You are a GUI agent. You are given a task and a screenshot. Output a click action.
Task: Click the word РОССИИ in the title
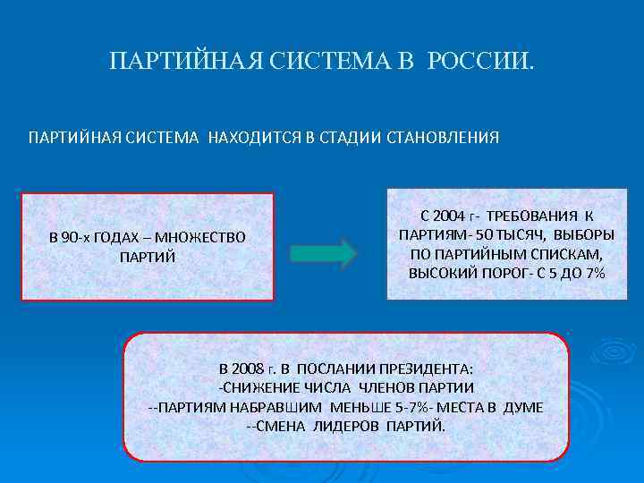(479, 62)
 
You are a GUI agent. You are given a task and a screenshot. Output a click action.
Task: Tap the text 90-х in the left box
(66, 237)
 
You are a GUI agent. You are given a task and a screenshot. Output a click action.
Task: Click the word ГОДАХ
(112, 237)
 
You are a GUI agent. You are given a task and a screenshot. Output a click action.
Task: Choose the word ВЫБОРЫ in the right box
(583, 235)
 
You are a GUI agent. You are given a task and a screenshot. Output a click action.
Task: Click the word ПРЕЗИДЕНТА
(429, 369)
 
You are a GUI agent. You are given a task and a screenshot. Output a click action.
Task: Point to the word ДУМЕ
(522, 406)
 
